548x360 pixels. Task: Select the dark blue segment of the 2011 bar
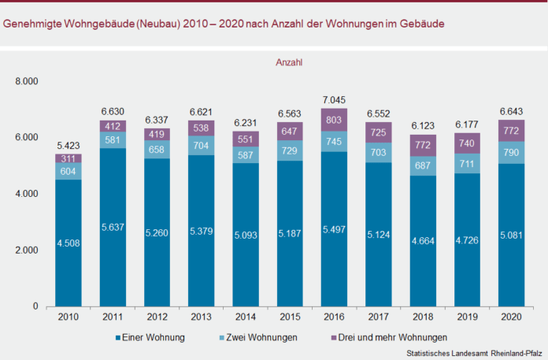point(113,228)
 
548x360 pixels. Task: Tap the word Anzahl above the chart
point(290,61)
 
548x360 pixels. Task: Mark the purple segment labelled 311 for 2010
point(68,158)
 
